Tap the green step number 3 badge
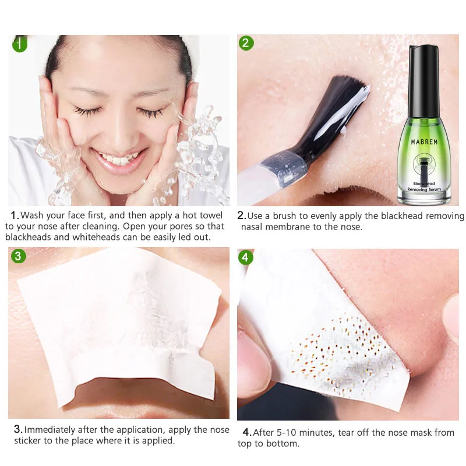[19, 256]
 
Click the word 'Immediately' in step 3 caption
[51, 429]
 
